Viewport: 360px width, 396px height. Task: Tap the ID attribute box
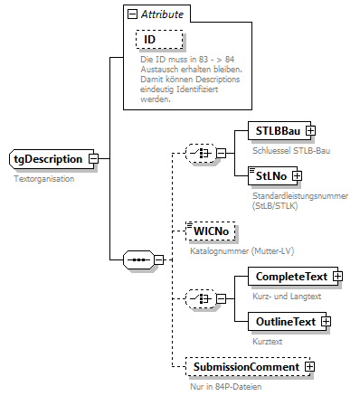tap(150, 40)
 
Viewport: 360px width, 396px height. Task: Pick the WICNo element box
tap(209, 232)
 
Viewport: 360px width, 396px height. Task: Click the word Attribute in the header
tap(160, 15)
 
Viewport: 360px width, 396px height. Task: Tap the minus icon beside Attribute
tap(132, 15)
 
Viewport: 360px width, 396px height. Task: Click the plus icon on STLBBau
tap(310, 131)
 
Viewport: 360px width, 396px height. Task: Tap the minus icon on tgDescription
tap(93, 159)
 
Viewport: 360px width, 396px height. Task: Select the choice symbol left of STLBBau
tap(199, 153)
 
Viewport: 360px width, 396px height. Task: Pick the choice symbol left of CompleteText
tap(199, 297)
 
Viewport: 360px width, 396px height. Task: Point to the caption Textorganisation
tap(43, 179)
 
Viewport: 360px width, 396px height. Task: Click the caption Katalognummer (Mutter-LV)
tap(233, 250)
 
